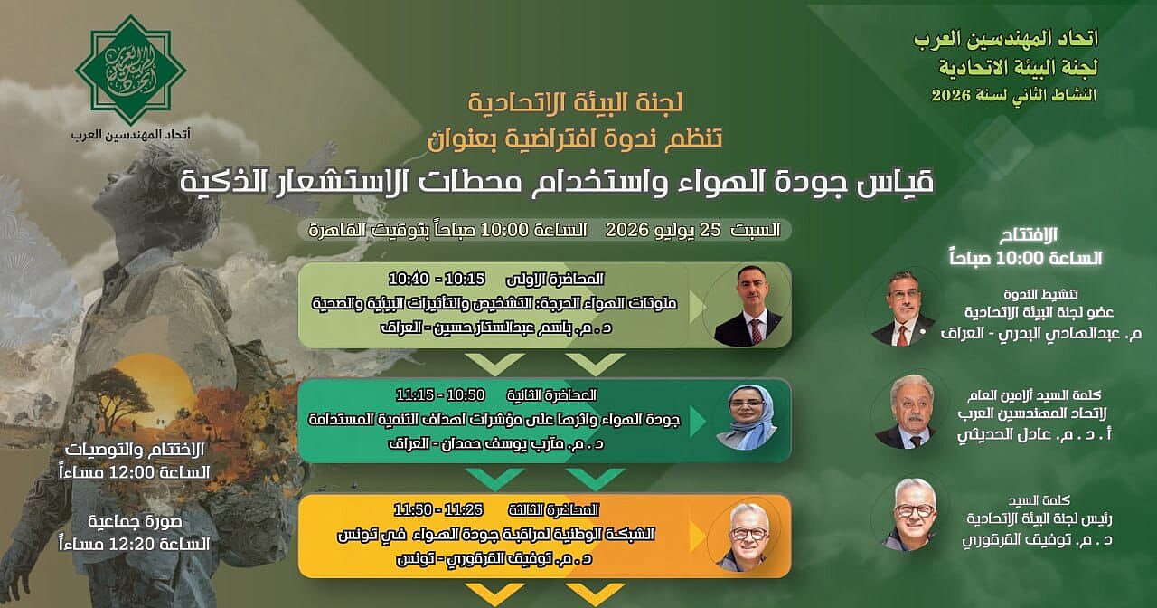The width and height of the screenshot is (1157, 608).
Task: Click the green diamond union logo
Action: pyautogui.click(x=131, y=70)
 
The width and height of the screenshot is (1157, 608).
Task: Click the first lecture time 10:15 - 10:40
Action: pyautogui.click(x=437, y=280)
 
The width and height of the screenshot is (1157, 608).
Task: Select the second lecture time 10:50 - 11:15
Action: pyautogui.click(x=440, y=395)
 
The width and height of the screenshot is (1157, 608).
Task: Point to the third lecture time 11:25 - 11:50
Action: pyautogui.click(x=438, y=510)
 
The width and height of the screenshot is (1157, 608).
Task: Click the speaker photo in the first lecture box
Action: pyautogui.click(x=748, y=306)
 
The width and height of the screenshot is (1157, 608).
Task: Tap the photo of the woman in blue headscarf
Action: pyautogui.click(x=747, y=418)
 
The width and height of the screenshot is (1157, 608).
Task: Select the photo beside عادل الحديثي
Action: pyautogui.click(x=908, y=412)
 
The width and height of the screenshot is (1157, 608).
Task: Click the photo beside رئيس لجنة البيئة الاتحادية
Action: pyautogui.click(x=909, y=515)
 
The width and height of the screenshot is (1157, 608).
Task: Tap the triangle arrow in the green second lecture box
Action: pyautogui.click(x=698, y=422)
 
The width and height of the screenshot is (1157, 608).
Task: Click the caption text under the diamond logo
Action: pyautogui.click(x=131, y=135)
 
